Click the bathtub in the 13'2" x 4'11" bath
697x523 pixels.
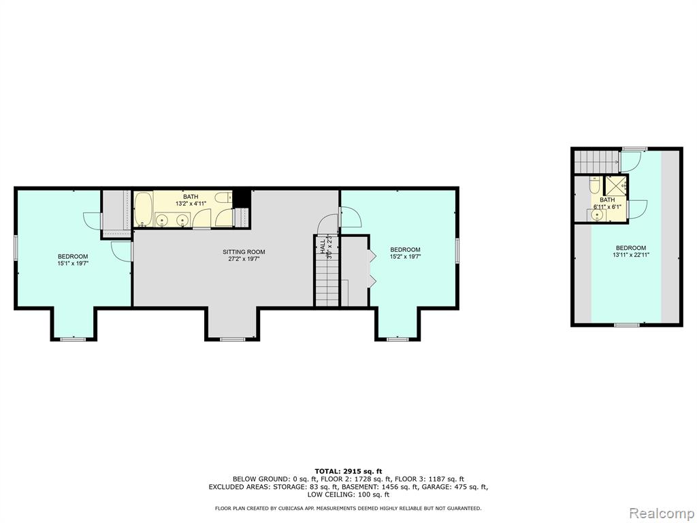pyautogui.click(x=144, y=209)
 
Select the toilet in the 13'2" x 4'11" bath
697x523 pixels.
pyautogui.click(x=224, y=197)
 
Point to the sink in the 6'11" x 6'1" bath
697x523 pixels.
pyautogui.click(x=598, y=215)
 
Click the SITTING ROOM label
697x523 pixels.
pyautogui.click(x=244, y=252)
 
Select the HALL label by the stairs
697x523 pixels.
pyautogui.click(x=323, y=248)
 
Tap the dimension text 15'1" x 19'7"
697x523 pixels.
pyautogui.click(x=73, y=264)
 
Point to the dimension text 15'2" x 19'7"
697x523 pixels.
pyautogui.click(x=406, y=257)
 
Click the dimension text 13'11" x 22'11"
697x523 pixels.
pyautogui.click(x=631, y=255)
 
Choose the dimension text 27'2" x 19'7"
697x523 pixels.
pyautogui.click(x=244, y=258)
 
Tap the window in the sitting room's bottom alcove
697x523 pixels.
pyautogui.click(x=233, y=339)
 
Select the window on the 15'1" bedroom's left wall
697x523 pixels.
pyautogui.click(x=16, y=247)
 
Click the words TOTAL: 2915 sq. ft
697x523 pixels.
pyautogui.click(x=348, y=471)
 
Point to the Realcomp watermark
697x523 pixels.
pyautogui.click(x=662, y=513)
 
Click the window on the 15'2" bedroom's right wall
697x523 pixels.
pyautogui.click(x=457, y=251)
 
